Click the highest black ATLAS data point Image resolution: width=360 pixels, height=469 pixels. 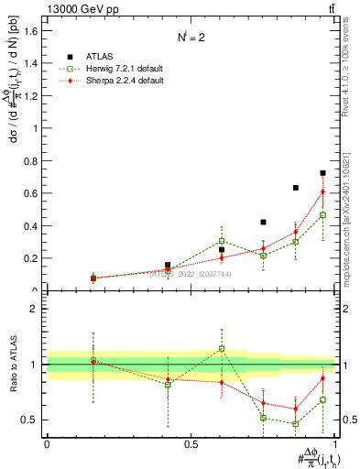[322, 173]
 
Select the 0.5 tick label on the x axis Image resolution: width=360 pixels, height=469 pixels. [191, 444]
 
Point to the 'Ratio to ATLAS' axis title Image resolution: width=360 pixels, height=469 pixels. [12, 365]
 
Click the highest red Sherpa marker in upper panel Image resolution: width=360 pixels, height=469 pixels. [322, 191]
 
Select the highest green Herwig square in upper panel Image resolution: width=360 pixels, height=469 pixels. [322, 215]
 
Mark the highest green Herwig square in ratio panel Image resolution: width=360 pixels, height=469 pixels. [222, 348]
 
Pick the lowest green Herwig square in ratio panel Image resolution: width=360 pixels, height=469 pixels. [295, 423]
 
